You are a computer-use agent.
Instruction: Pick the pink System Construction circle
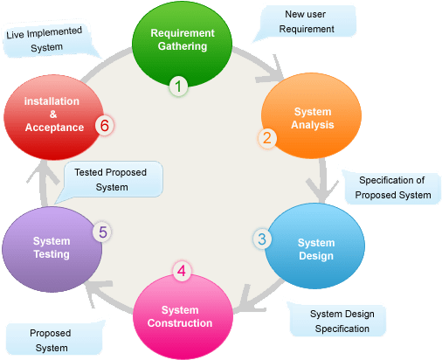[x=185, y=315]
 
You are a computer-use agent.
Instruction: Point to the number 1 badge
[x=178, y=86]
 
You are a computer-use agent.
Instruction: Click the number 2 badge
[x=267, y=137]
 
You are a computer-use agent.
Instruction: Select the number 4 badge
[x=181, y=271]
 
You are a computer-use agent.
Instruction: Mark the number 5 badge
[x=103, y=232]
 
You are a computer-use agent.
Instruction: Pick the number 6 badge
[x=104, y=126]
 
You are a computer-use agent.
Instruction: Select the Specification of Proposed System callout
[x=391, y=187]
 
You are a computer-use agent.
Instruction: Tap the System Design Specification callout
[x=339, y=321]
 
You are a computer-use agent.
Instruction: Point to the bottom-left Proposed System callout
[x=51, y=339]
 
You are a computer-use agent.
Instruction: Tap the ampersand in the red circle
[x=52, y=114]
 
